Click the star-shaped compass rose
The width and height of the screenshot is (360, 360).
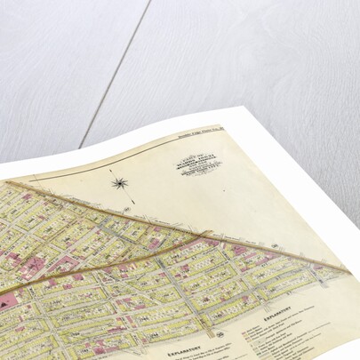[x=119, y=183]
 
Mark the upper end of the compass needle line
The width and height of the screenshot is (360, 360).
[x=110, y=168]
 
